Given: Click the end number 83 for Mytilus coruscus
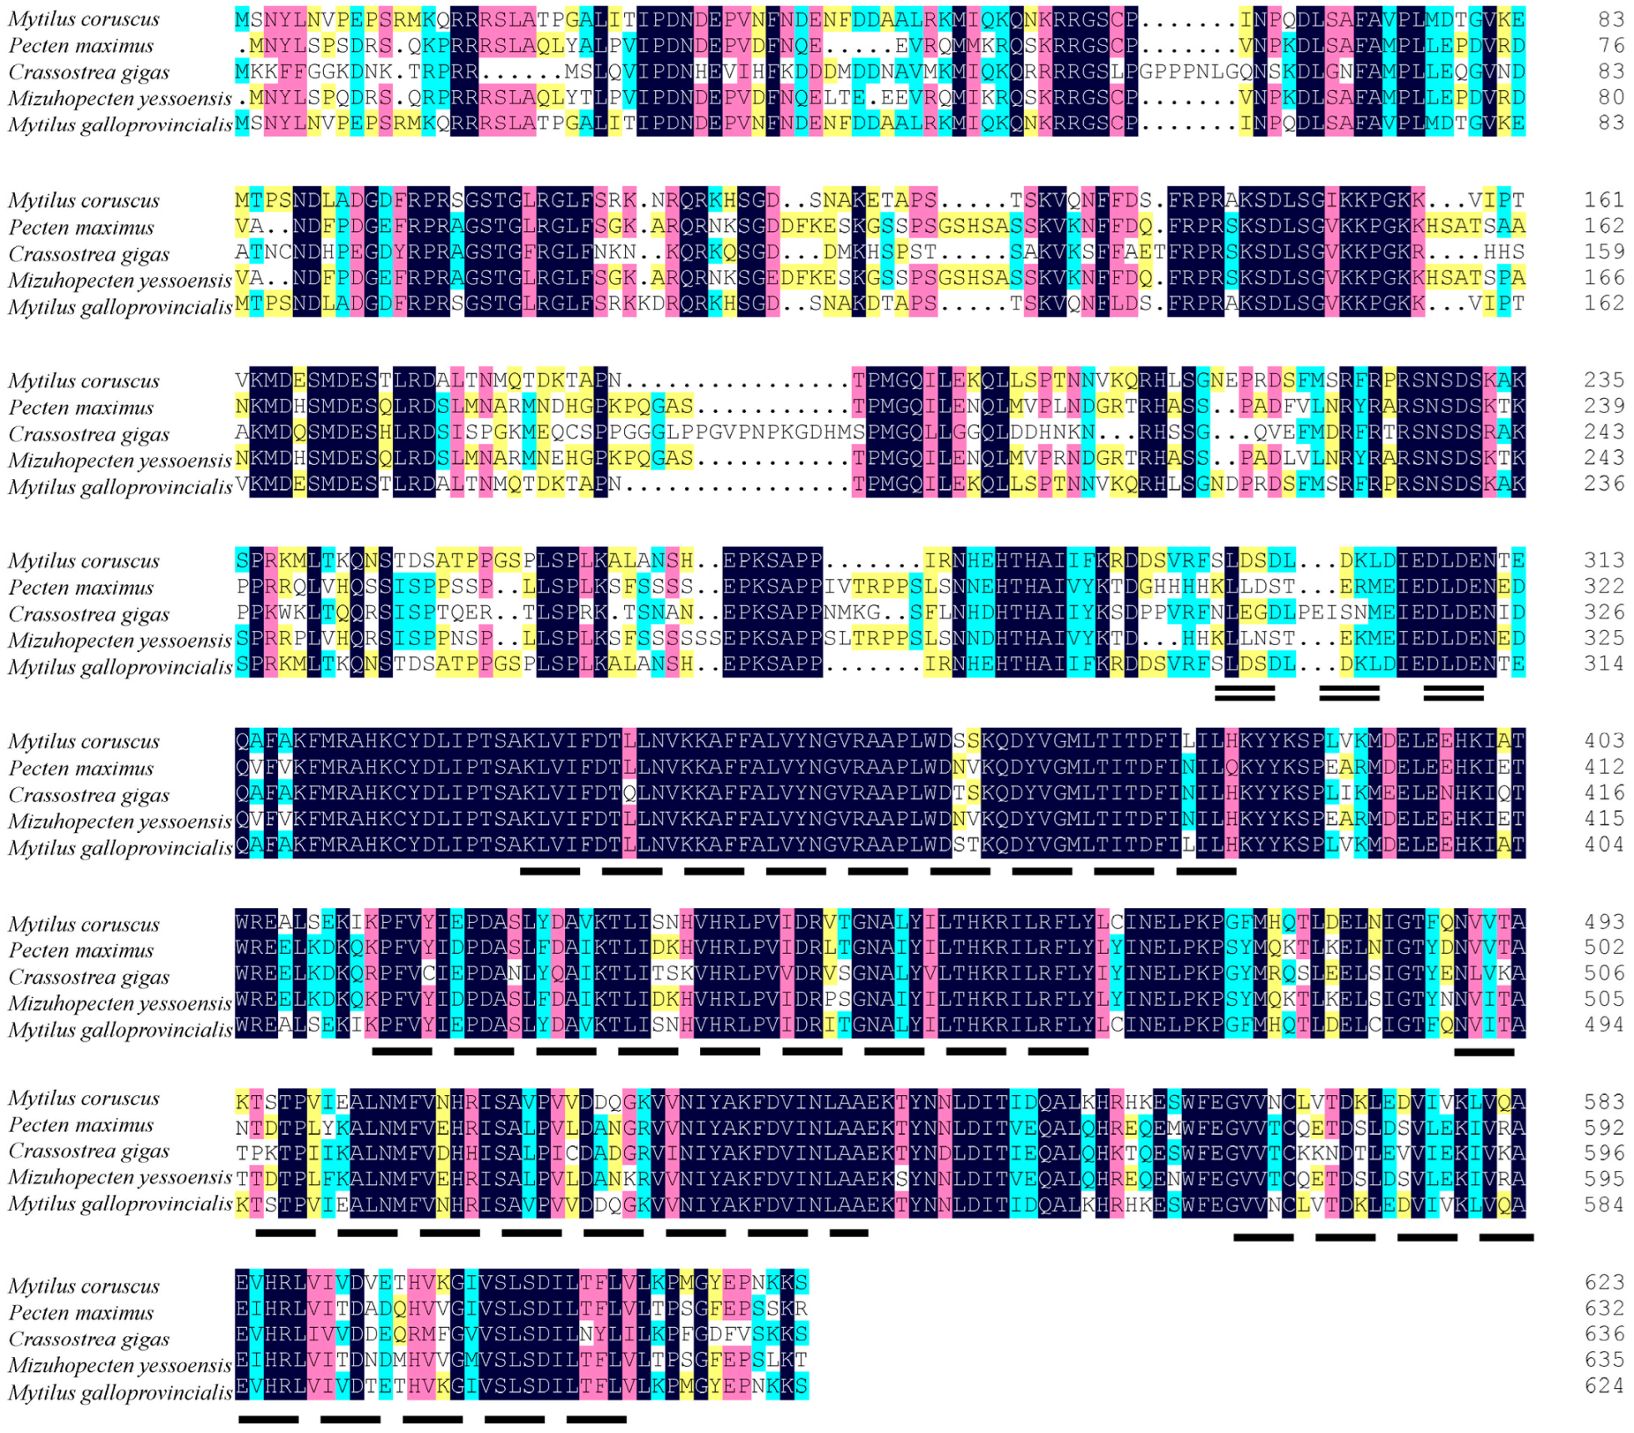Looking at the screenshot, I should click(1611, 19).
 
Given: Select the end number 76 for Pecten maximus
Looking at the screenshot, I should click(1611, 45).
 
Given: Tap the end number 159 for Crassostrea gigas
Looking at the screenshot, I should click(1604, 252).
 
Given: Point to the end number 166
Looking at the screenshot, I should click(1604, 278).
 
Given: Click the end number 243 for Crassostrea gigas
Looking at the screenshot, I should click(1604, 432).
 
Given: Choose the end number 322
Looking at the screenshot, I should click(1604, 587).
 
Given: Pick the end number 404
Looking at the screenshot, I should click(1604, 845).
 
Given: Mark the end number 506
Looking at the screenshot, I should click(1604, 974).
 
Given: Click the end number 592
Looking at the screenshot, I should click(1604, 1128).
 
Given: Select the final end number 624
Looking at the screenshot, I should click(1604, 1386).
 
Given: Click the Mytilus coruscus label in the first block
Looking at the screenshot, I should click(83, 19).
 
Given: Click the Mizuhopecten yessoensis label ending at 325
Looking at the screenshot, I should click(119, 641).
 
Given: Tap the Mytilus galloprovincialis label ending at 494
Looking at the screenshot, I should click(119, 1031).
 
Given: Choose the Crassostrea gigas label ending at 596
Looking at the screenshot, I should click(88, 1152).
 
